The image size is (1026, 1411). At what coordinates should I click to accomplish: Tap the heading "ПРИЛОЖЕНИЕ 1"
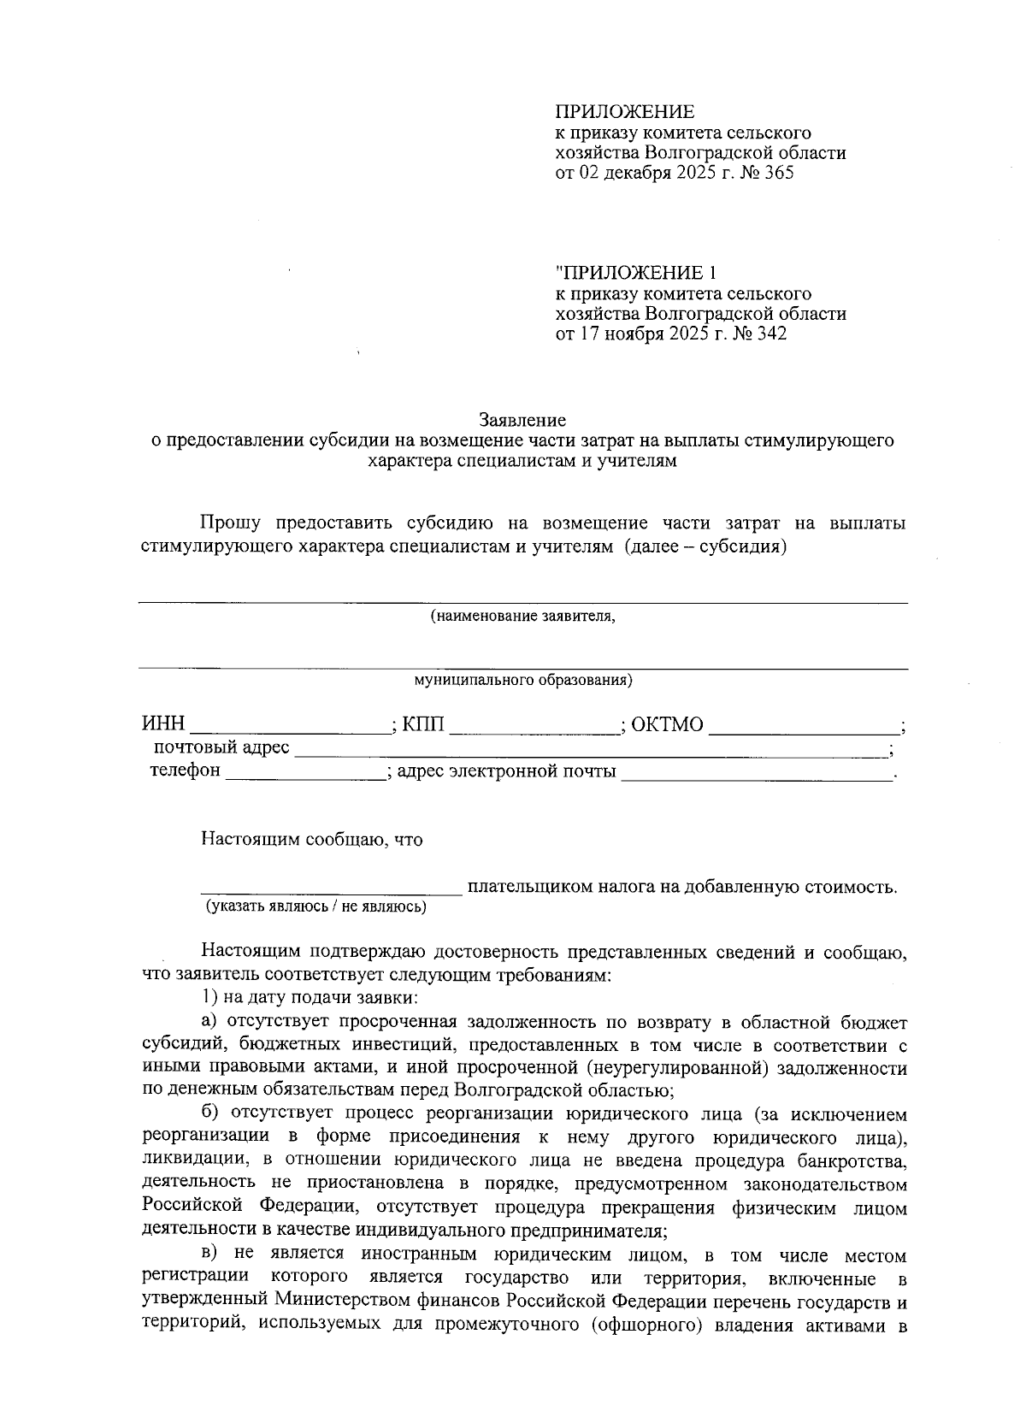pos(635,273)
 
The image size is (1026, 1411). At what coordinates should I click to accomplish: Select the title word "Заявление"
pos(522,420)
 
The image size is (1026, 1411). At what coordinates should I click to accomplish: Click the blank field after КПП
pos(534,727)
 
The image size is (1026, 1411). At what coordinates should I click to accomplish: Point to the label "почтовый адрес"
pos(221,748)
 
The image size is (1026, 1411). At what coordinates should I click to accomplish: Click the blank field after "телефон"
pos(305,771)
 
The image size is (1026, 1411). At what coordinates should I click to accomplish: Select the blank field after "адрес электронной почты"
pos(756,771)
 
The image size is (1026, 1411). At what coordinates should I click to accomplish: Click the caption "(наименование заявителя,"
pos(522,616)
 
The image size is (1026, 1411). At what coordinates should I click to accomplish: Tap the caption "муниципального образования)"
pos(522,681)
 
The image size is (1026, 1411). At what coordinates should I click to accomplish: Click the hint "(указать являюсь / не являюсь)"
pos(314,906)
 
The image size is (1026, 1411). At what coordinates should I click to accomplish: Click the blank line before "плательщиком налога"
pos(332,888)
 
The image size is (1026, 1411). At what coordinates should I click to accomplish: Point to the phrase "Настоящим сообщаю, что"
pos(312,840)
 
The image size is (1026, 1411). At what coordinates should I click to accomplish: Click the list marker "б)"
pos(211,1114)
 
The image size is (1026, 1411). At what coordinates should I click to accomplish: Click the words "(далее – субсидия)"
pos(705,546)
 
